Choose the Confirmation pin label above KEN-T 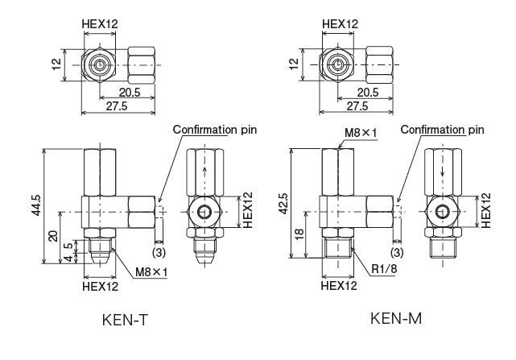click(x=213, y=129)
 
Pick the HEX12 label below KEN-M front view click(x=338, y=284)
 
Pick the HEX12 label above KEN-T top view click(x=100, y=24)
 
